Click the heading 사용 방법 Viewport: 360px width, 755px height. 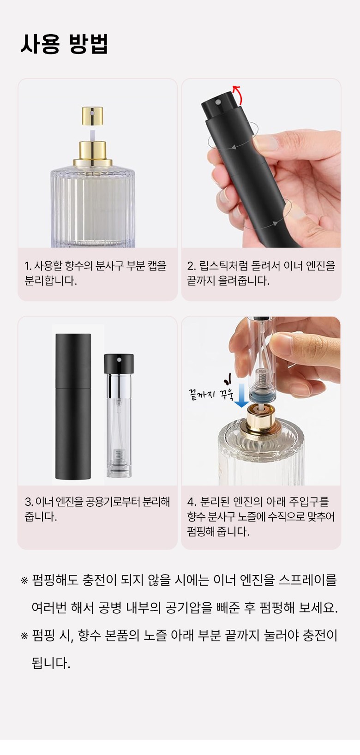tap(64, 44)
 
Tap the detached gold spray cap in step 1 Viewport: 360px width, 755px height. tap(92, 116)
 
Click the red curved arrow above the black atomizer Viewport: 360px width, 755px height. tap(238, 95)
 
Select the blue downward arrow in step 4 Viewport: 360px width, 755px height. tap(241, 395)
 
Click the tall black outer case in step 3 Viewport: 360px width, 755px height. tap(73, 406)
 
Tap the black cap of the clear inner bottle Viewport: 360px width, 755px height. tap(119, 363)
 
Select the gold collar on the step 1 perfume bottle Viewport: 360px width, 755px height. tap(93, 154)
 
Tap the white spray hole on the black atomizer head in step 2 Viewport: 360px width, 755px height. tap(218, 101)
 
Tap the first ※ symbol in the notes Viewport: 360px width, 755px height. tap(24, 581)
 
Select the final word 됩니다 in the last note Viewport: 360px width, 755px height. tap(51, 663)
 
